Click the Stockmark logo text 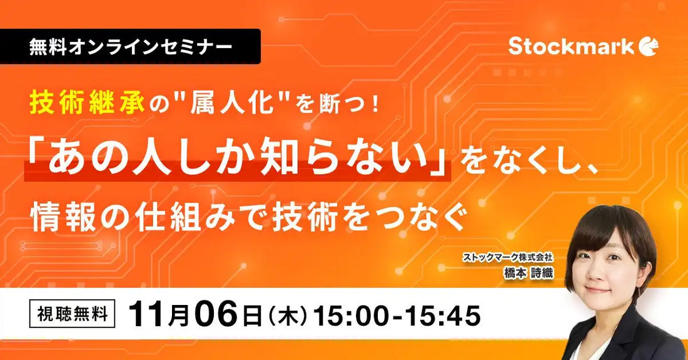(x=571, y=47)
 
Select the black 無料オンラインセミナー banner (x=130, y=47)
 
